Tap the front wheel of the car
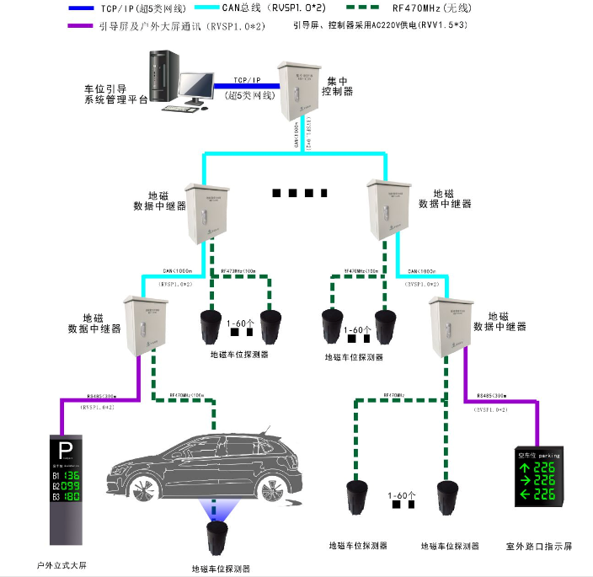(x=139, y=491)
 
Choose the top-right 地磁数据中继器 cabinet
(x=389, y=210)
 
